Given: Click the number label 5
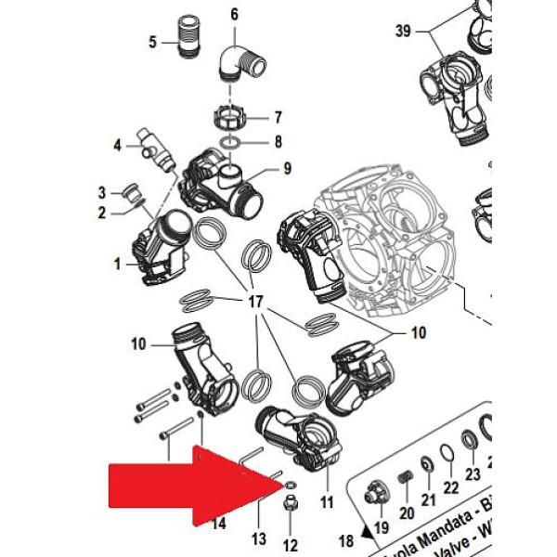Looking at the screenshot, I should pyautogui.click(x=153, y=42).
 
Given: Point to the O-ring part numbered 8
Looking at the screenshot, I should pyautogui.click(x=231, y=143).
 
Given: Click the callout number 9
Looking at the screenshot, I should pyautogui.click(x=287, y=169).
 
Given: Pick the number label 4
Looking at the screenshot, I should pyautogui.click(x=118, y=145).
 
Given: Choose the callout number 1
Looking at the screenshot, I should pyautogui.click(x=118, y=265).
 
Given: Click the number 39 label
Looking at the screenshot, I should pyautogui.click(x=402, y=31).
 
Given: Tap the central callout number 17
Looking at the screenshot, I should pyautogui.click(x=256, y=304).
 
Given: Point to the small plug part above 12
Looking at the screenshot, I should pyautogui.click(x=289, y=506).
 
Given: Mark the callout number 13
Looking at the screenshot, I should pyautogui.click(x=259, y=538).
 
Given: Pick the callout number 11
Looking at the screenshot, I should pyautogui.click(x=326, y=501).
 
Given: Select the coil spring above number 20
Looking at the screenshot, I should pyautogui.click(x=405, y=480).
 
